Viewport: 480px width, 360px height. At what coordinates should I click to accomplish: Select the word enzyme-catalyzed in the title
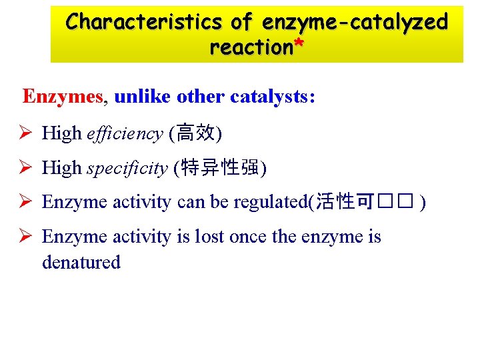point(355,22)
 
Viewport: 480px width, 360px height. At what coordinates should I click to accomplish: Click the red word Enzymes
point(63,97)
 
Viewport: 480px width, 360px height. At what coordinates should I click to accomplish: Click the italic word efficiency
point(125,133)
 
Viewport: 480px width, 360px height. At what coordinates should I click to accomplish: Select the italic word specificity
point(127,168)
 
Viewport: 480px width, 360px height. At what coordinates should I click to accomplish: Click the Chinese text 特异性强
point(220,168)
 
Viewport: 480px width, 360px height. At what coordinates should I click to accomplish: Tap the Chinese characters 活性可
point(343,202)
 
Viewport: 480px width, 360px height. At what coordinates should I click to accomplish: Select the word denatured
point(81,262)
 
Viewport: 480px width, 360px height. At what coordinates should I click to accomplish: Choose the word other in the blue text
point(201,97)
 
